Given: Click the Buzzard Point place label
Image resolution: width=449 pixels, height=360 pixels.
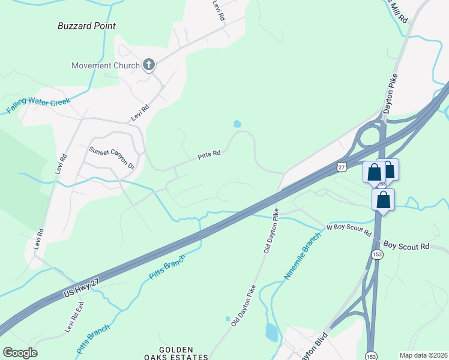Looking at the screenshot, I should coord(86,26).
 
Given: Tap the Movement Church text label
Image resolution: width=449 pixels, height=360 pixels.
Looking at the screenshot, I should coord(105,65).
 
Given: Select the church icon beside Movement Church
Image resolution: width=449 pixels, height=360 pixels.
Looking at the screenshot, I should coord(149,65).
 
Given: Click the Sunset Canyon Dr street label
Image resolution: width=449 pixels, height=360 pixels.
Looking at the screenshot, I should coord(112,158).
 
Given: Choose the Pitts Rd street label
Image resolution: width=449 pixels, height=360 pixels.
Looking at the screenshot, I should coord(209,155).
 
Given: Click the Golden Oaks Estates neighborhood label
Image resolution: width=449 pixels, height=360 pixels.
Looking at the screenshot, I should coord(176,353).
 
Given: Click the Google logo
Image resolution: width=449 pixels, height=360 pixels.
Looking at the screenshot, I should coord(20,353).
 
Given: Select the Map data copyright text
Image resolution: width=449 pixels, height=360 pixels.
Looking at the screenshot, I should coord(423,355).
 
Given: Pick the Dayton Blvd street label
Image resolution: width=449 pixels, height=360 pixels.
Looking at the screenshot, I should coord(316,347).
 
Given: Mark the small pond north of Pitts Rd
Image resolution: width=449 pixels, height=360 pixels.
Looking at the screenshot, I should coord(237,124).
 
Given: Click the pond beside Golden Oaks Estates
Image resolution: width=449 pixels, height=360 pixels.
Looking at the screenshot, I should coord(271,331).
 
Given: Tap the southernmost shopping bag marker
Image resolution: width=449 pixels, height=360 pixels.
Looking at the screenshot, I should coord(383,200).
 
